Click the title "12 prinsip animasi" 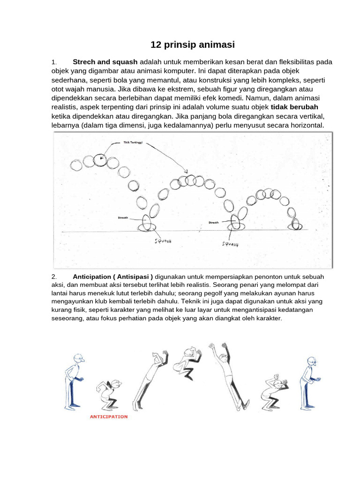tap(192, 45)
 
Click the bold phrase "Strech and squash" tap(105, 62)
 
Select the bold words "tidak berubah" tap(294, 107)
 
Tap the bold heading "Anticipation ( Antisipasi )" tap(113, 277)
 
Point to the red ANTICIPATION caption tap(108, 416)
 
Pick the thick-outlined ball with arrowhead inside tap(100, 160)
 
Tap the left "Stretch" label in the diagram tap(123, 218)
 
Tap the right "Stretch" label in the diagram tap(214, 223)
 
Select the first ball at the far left tap(75, 165)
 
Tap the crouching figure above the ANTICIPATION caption tap(108, 392)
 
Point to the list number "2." tap(54, 277)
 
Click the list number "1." tap(54, 62)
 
